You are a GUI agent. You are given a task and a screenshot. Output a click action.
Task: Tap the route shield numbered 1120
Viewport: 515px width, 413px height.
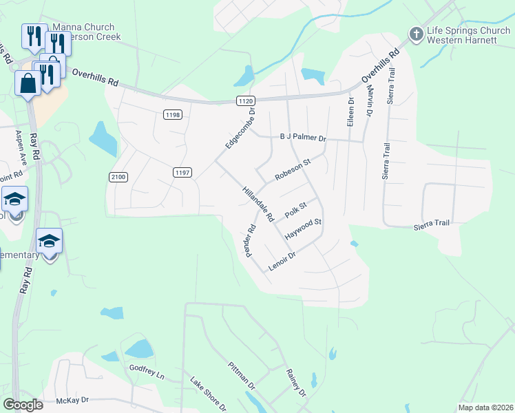pyautogui.click(x=245, y=100)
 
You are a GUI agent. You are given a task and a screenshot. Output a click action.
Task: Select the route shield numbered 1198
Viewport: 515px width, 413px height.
pyautogui.click(x=173, y=114)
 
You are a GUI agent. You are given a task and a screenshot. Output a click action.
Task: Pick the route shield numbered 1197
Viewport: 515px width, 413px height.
pyautogui.click(x=182, y=171)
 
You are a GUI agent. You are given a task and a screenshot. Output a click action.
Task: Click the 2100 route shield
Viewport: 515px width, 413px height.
pyautogui.click(x=118, y=177)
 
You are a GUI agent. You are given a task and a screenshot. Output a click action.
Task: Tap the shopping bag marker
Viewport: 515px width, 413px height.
pyautogui.click(x=28, y=84)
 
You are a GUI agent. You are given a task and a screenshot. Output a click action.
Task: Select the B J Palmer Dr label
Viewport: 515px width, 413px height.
pyautogui.click(x=302, y=138)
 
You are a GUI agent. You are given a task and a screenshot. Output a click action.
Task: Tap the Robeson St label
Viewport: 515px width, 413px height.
pyautogui.click(x=293, y=169)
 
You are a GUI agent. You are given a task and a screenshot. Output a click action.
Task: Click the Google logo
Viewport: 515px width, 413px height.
pyautogui.click(x=23, y=405)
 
